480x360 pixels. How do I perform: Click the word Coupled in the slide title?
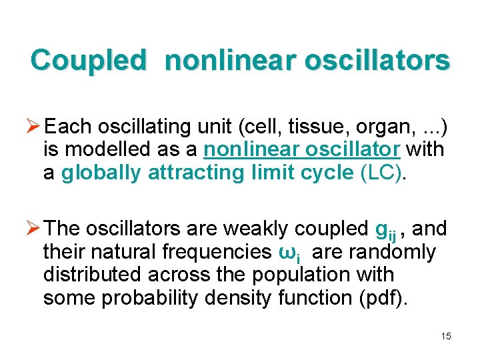coord(88,60)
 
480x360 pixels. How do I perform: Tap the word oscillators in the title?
coord(377,60)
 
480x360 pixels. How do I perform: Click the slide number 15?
coord(445,336)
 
